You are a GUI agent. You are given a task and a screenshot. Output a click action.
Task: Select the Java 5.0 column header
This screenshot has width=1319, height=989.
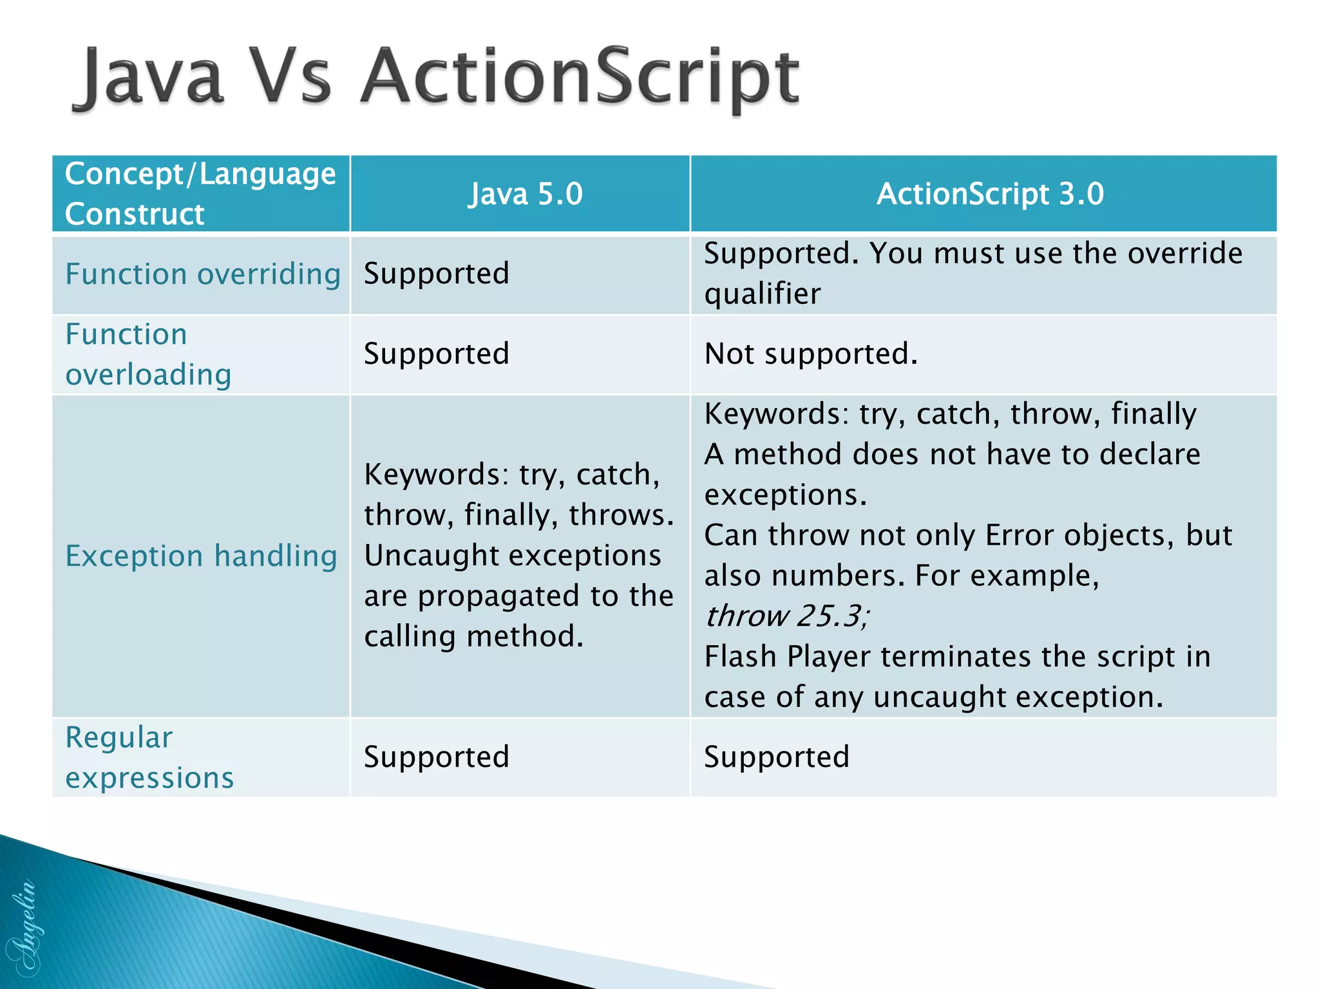525,194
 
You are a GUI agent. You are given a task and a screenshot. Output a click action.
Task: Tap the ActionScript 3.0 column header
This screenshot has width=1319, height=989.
990,194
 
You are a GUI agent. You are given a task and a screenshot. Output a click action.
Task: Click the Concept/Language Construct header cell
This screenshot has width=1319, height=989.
200,194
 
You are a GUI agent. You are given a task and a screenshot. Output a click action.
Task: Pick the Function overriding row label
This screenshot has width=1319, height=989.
203,274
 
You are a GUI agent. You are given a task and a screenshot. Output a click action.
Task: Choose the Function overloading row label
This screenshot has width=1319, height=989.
148,354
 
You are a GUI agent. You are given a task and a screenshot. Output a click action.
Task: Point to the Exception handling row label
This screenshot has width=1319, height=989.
201,556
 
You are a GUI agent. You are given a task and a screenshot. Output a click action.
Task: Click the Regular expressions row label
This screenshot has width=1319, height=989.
149,757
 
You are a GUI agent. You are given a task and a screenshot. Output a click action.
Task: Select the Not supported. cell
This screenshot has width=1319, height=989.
810,354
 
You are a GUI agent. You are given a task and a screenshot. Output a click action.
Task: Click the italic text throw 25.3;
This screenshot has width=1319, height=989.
786,616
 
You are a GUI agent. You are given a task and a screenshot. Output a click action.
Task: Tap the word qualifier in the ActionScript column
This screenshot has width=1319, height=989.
762,294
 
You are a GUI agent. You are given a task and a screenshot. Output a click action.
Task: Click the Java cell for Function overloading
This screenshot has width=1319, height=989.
436,354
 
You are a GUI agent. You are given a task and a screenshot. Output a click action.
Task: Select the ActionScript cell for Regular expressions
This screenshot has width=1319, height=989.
776,757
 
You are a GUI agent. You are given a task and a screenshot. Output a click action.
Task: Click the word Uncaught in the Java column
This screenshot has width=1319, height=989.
423,556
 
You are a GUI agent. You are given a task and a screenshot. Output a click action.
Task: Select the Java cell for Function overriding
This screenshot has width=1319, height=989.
436,274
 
